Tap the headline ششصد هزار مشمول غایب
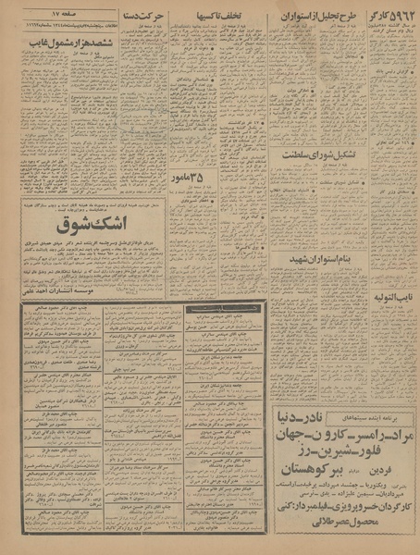[x=65, y=43]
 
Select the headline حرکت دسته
[x=148, y=17]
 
